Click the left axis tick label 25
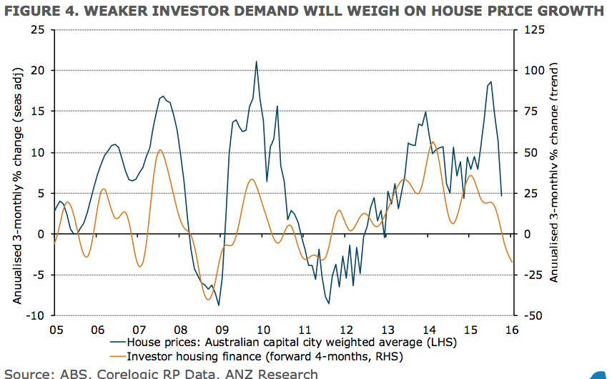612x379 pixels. pyautogui.click(x=37, y=30)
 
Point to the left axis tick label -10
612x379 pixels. pyautogui.click(x=36, y=315)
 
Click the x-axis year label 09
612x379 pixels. pyautogui.click(x=222, y=330)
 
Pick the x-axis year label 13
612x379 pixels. pyautogui.click(x=387, y=330)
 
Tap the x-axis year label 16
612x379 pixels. pyautogui.click(x=512, y=330)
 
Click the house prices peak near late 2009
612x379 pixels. pyautogui.click(x=256, y=61)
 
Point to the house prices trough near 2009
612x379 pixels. pyautogui.click(x=219, y=305)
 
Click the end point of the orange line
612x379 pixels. pyautogui.click(x=512, y=262)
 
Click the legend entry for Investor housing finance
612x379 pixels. pyautogui.click(x=264, y=356)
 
